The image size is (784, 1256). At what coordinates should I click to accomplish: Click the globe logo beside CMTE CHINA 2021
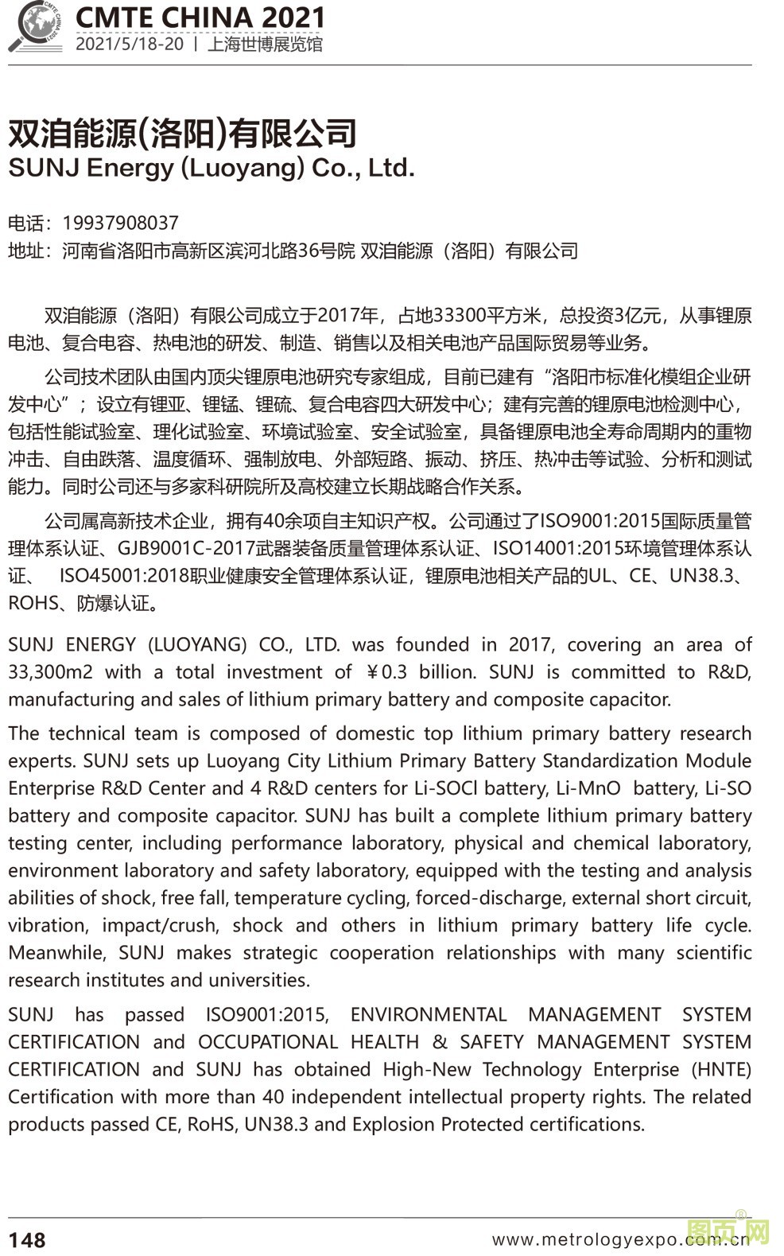[36, 26]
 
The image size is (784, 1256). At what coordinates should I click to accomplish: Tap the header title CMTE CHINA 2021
[200, 17]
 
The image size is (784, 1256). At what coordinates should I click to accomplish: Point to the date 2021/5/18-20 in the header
[130, 44]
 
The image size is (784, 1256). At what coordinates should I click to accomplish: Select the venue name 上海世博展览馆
[265, 44]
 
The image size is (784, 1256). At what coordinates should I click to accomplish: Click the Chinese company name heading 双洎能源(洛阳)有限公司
[182, 133]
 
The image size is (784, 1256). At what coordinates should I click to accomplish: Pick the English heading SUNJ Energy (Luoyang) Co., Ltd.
[212, 169]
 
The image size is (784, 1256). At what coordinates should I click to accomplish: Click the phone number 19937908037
[120, 223]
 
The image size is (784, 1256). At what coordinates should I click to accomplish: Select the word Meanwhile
[56, 953]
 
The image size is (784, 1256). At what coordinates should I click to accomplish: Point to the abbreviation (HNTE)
[721, 1070]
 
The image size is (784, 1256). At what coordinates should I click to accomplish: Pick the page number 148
[27, 1239]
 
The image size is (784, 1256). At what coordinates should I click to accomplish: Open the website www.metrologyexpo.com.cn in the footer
[620, 1239]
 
